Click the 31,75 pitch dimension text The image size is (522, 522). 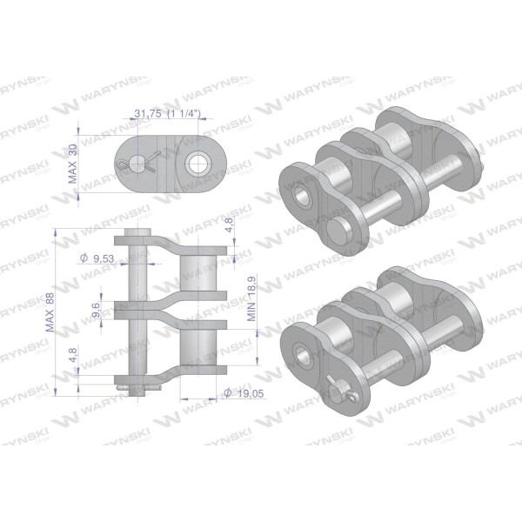[148, 113]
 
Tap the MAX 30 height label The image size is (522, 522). [72, 164]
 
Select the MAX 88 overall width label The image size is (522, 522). [50, 312]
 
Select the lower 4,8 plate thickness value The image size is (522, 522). [72, 355]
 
